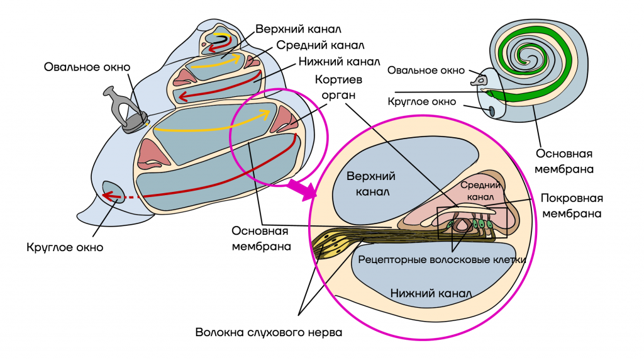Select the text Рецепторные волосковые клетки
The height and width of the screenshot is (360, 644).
click(441, 258)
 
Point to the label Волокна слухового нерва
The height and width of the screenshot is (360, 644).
click(269, 332)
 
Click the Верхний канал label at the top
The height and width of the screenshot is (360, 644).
click(299, 29)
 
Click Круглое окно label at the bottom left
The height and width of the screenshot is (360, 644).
click(65, 247)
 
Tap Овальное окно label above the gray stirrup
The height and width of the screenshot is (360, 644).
click(87, 67)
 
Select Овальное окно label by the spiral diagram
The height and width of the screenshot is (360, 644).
click(426, 70)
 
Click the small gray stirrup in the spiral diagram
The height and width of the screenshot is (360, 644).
click(482, 80)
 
